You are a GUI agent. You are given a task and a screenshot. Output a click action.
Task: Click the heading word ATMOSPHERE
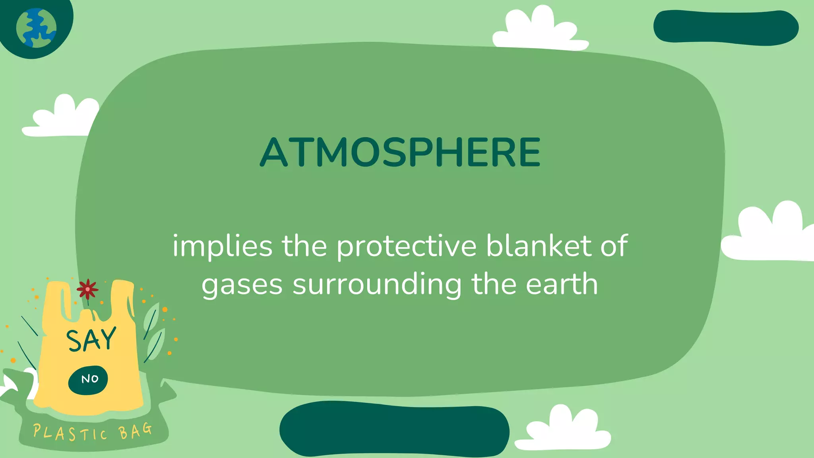(400, 152)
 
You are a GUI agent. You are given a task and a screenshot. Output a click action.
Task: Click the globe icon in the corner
(36, 28)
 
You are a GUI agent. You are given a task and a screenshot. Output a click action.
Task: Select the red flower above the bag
(87, 289)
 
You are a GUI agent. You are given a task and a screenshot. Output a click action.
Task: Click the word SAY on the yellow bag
(91, 340)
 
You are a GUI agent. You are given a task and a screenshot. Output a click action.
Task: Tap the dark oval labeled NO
(88, 380)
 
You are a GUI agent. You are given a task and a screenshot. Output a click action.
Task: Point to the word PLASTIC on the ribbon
(70, 433)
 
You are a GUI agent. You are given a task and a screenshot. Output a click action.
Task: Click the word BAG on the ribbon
(135, 431)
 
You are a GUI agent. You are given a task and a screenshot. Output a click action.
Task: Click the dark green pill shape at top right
(726, 27)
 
